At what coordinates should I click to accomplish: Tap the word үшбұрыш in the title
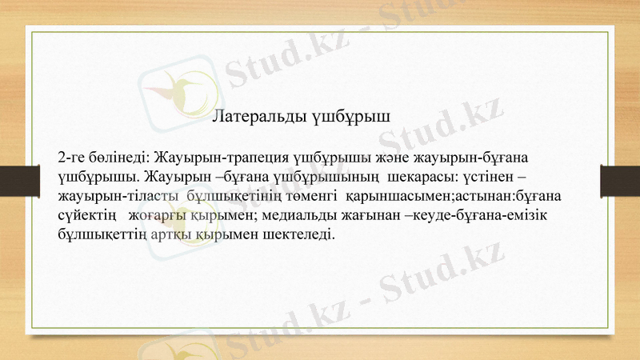coord(352,116)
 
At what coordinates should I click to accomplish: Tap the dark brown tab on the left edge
coord(14,179)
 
